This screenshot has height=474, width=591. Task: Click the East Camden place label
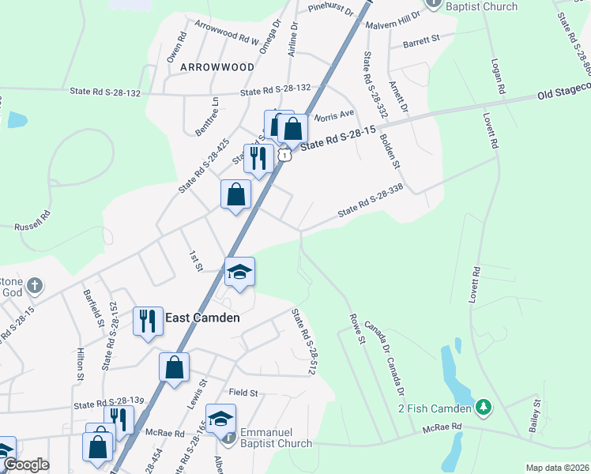[202, 318]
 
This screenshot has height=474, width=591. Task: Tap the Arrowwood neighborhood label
[217, 67]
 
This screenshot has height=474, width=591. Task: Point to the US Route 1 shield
[282, 155]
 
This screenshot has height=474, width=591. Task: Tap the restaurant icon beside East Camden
[147, 322]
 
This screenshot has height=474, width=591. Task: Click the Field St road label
[243, 393]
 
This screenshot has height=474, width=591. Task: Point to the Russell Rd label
[32, 220]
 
